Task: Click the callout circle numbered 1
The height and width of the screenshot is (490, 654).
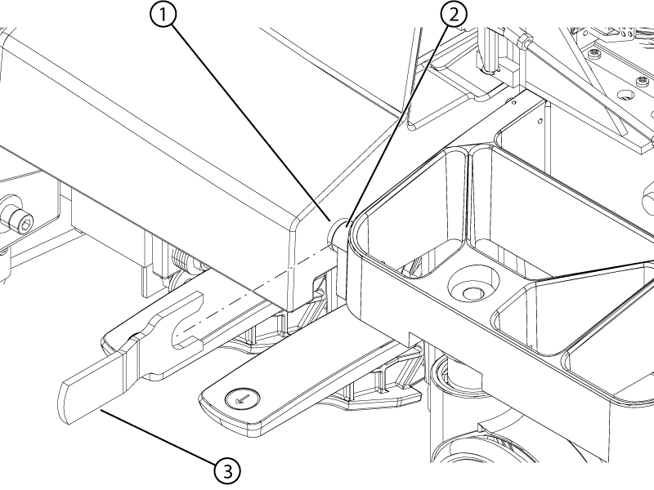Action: click(165, 16)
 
